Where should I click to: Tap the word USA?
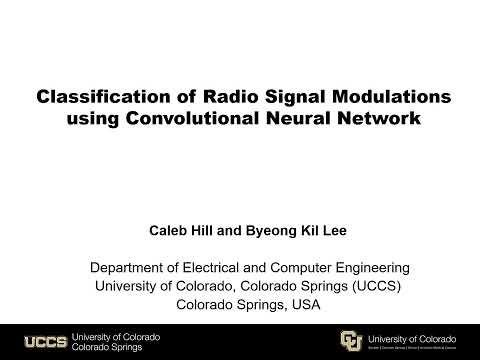pyautogui.click(x=303, y=305)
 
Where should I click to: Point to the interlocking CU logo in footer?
pyautogui.click(x=351, y=340)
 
